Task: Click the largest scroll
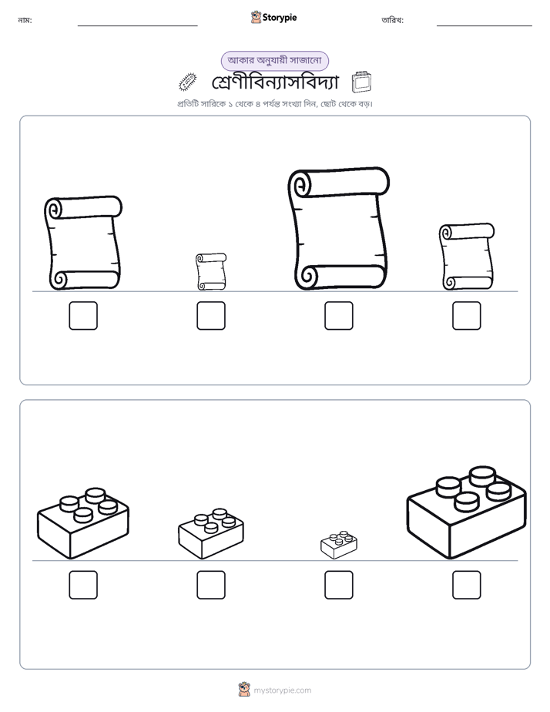click(338, 229)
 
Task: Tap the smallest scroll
click(211, 271)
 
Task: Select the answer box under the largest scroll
click(338, 316)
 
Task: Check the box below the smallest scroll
click(211, 316)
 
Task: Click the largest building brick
click(467, 512)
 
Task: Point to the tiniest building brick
click(338, 545)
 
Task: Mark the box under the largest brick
click(467, 585)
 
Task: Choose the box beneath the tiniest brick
click(338, 585)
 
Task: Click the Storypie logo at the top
click(273, 17)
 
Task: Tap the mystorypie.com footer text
click(282, 690)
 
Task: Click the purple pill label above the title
click(274, 61)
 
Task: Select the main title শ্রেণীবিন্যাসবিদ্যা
click(275, 82)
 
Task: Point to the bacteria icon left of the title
click(187, 82)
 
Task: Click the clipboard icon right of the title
click(361, 82)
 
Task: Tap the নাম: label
click(25, 20)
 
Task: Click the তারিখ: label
click(393, 20)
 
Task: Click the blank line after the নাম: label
click(137, 26)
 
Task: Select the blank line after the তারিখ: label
click(485, 26)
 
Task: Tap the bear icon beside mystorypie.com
click(244, 690)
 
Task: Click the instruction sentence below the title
click(274, 104)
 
